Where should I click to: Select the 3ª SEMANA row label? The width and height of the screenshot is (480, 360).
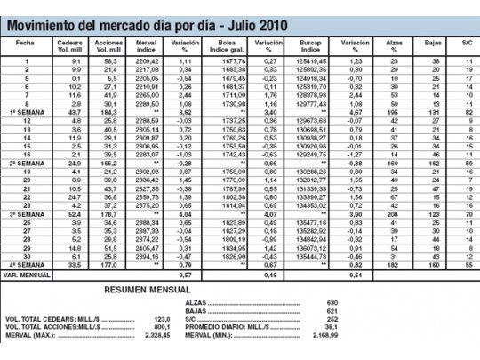pyautogui.click(x=27, y=214)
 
